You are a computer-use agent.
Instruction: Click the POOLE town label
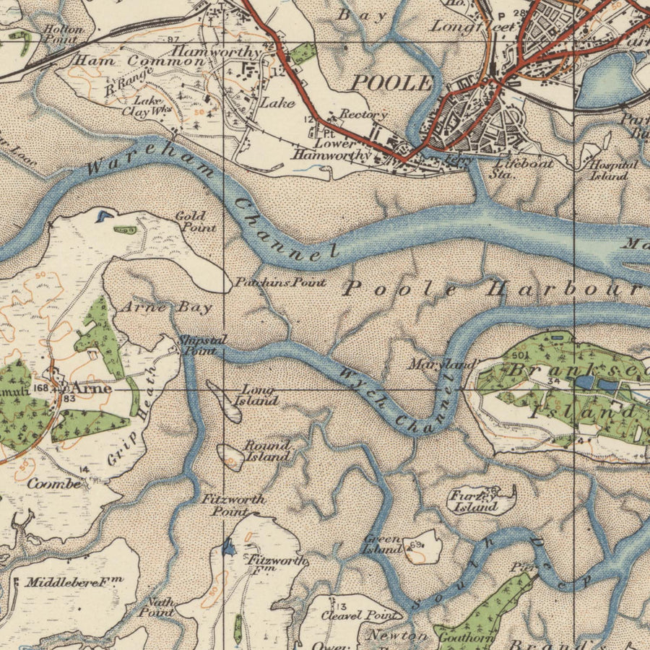click(391, 82)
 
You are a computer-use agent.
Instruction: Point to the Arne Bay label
click(166, 308)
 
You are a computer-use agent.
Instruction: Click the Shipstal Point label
click(196, 344)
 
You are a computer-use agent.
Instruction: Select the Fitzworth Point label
click(233, 505)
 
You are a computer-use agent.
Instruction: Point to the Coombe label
click(54, 484)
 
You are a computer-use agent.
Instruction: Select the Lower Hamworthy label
click(332, 149)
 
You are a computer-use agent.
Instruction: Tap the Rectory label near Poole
click(363, 115)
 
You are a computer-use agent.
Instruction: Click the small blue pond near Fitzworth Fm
click(229, 548)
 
